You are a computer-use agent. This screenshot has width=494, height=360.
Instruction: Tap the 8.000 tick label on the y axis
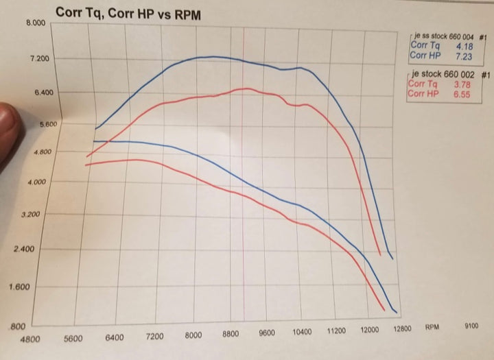(35, 23)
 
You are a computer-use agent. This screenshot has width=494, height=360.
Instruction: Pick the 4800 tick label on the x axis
(32, 338)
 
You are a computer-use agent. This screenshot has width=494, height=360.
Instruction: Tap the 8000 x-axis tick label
(194, 335)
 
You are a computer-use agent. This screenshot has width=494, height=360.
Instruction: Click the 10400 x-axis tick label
(301, 333)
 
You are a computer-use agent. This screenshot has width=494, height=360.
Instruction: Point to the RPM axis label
(432, 327)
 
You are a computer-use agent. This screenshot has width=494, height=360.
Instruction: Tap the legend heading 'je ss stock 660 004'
(447, 36)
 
